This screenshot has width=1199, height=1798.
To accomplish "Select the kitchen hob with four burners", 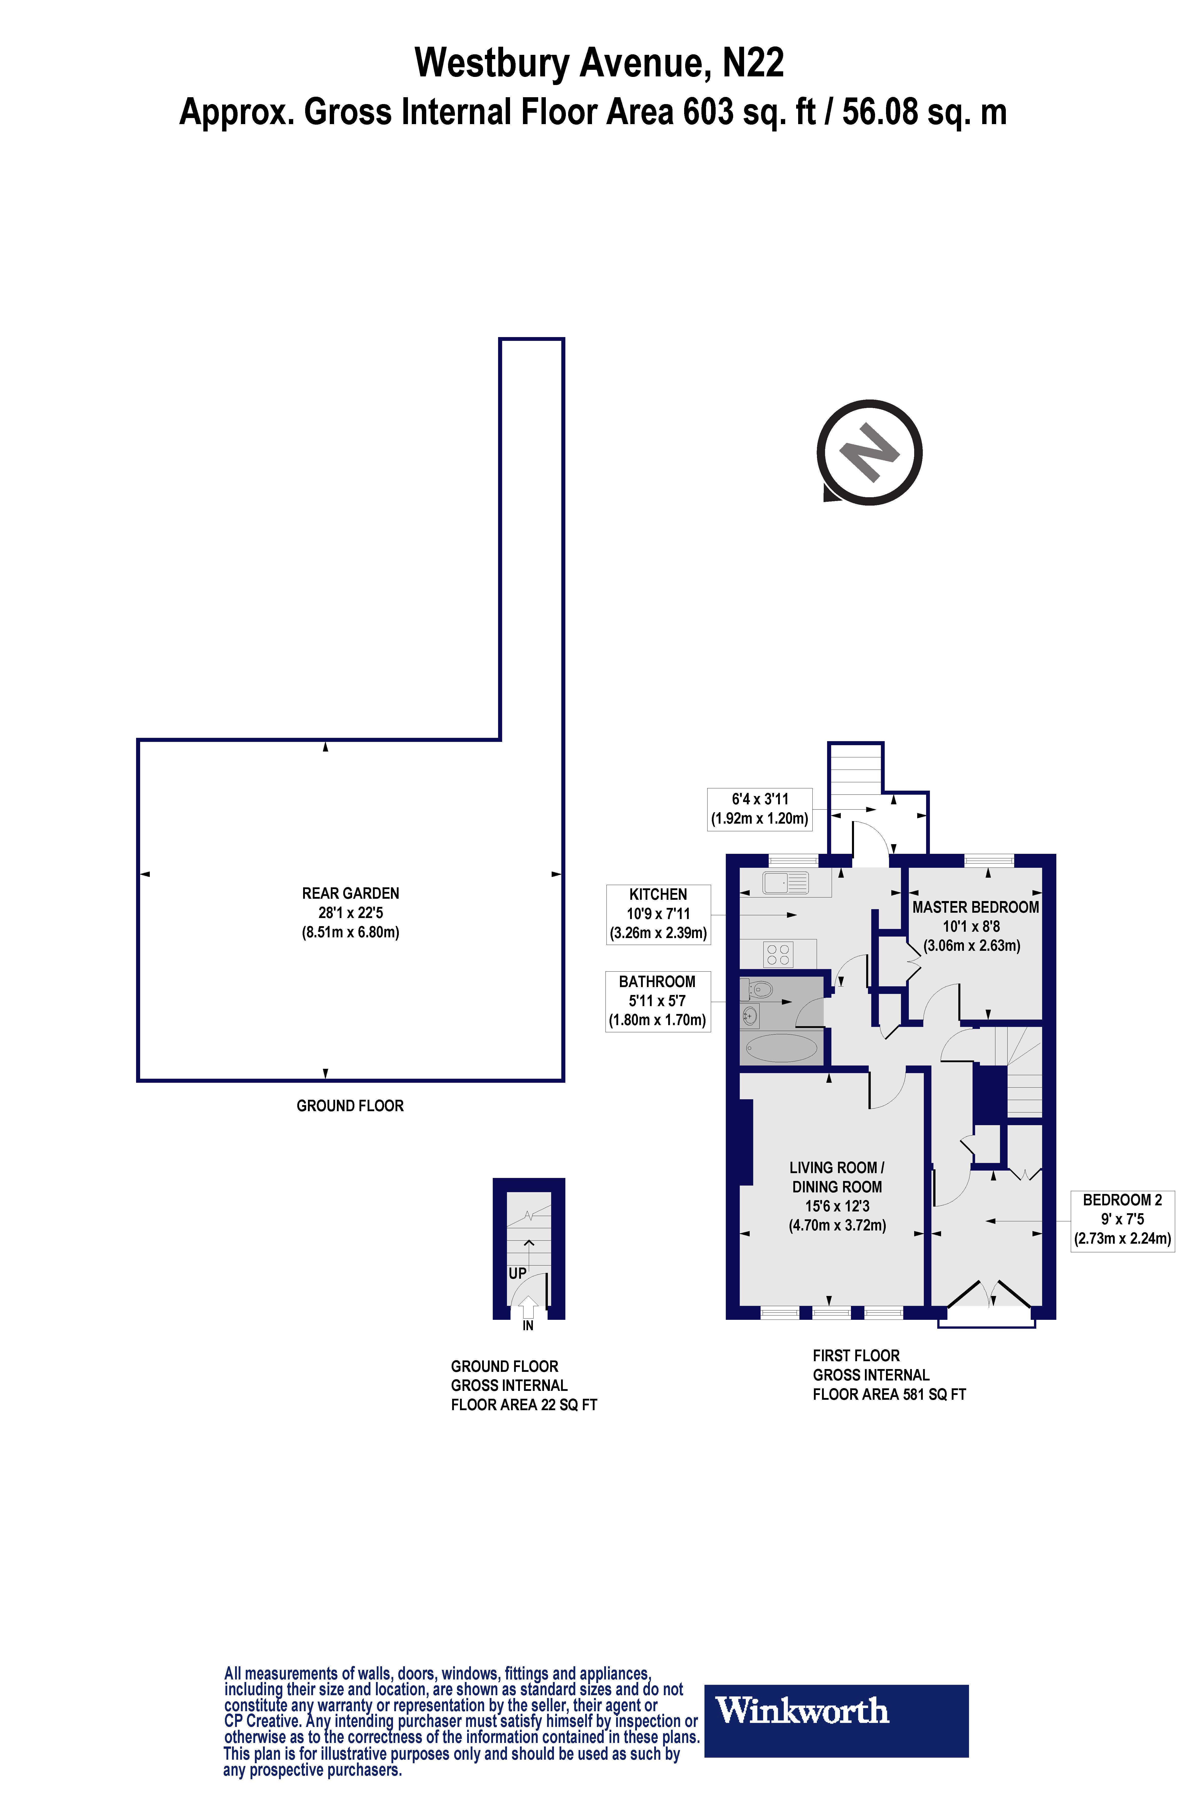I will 778,954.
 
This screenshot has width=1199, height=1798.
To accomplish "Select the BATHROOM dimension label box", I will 658,1001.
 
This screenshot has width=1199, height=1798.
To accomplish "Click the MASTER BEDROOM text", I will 975,907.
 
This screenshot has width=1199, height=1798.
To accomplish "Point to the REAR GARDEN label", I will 350,893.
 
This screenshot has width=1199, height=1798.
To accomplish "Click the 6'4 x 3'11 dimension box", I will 759,809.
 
